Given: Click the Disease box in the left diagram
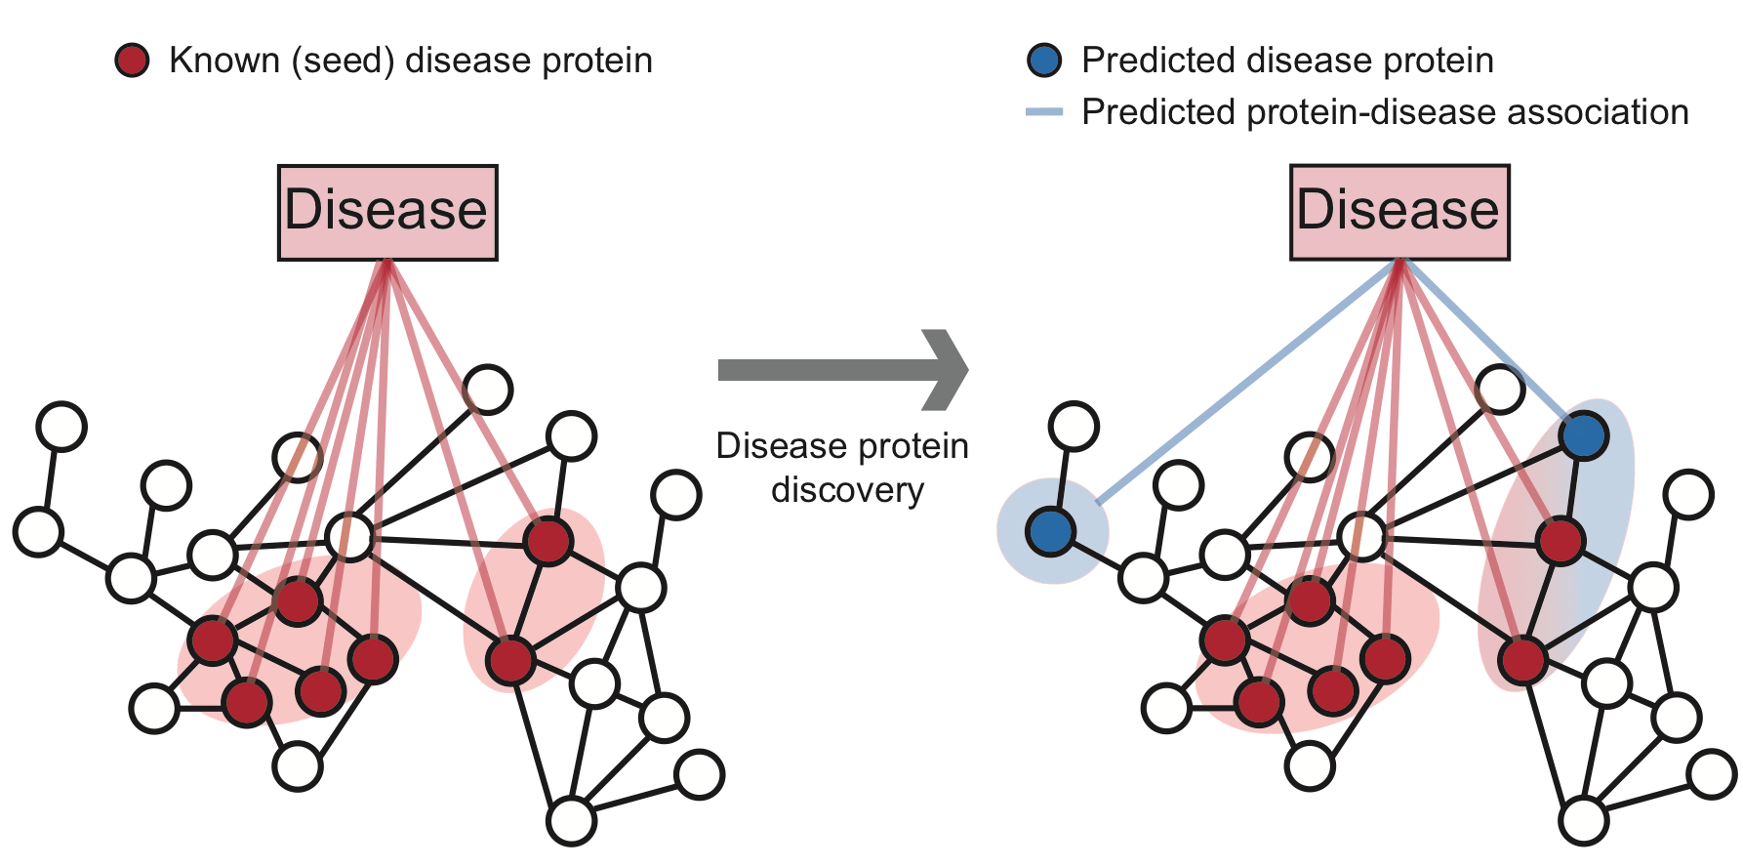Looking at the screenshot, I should [x=387, y=212].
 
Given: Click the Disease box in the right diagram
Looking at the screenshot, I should [x=1399, y=212].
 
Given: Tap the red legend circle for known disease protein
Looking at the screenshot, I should [x=132, y=61].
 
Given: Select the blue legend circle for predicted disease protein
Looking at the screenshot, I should [x=1044, y=61].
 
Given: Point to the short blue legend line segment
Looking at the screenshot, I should [x=1044, y=113].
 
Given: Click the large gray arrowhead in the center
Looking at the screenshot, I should [x=944, y=370].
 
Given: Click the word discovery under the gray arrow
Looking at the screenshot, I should [x=847, y=490].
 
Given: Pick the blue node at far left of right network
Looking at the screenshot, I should [x=1051, y=531].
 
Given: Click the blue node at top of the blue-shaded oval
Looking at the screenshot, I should [x=1583, y=435].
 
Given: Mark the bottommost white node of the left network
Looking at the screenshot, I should [x=571, y=820].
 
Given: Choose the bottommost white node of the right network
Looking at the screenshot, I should [x=1583, y=820].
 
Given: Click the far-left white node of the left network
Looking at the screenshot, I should [x=38, y=531].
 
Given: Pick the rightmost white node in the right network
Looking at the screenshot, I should [x=1712, y=775].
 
